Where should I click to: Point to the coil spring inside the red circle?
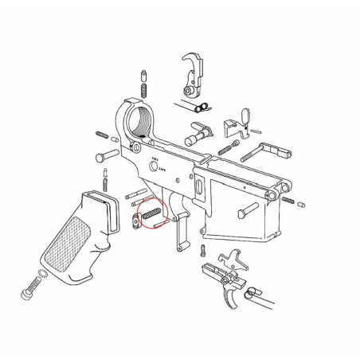click(151, 213)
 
